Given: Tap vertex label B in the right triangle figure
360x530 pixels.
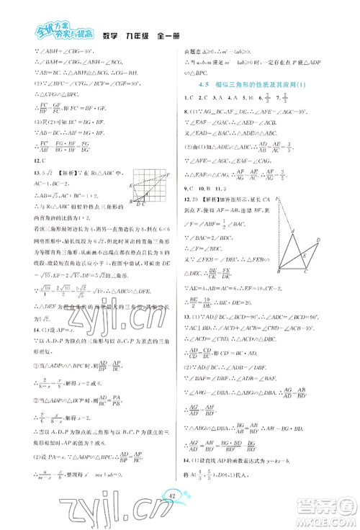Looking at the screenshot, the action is pos(276,272).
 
